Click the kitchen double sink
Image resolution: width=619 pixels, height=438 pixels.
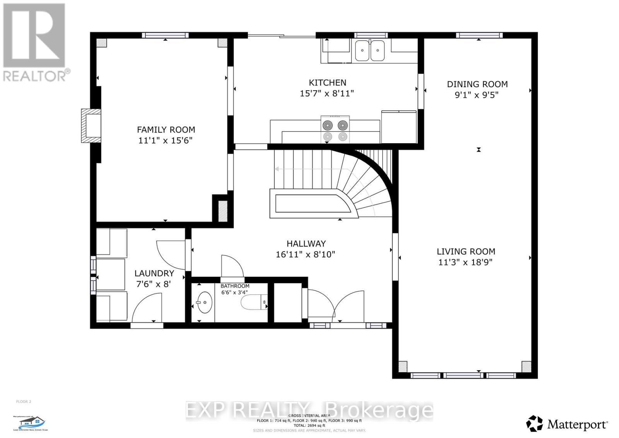click(x=370, y=51)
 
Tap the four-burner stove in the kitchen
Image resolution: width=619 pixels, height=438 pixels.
click(x=335, y=129)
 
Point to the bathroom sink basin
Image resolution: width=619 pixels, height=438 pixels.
click(x=204, y=302)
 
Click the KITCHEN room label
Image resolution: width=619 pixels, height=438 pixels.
click(x=327, y=82)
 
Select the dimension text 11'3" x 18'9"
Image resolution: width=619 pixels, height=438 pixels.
click(x=465, y=262)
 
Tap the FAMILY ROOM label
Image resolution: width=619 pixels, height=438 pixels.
click(x=166, y=130)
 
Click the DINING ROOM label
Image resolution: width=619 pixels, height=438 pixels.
click(x=477, y=84)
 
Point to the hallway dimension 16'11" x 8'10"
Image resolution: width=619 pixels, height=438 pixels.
click(x=305, y=255)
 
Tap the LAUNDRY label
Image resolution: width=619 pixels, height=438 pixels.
click(x=154, y=273)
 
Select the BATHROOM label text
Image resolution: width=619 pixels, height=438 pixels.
click(x=235, y=286)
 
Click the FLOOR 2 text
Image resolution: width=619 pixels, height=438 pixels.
click(x=24, y=402)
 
